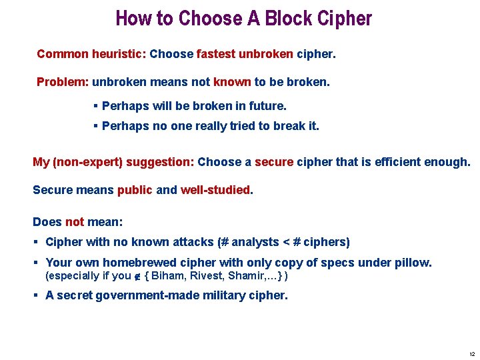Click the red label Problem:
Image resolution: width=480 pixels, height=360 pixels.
pyautogui.click(x=63, y=82)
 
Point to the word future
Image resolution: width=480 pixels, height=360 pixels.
pyautogui.click(x=264, y=106)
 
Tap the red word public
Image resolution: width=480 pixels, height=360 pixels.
pyautogui.click(x=135, y=190)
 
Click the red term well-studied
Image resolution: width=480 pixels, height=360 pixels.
pyautogui.click(x=216, y=190)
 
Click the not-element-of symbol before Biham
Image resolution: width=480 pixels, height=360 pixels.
pyautogui.click(x=138, y=276)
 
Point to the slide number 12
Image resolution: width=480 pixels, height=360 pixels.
pyautogui.click(x=472, y=354)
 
